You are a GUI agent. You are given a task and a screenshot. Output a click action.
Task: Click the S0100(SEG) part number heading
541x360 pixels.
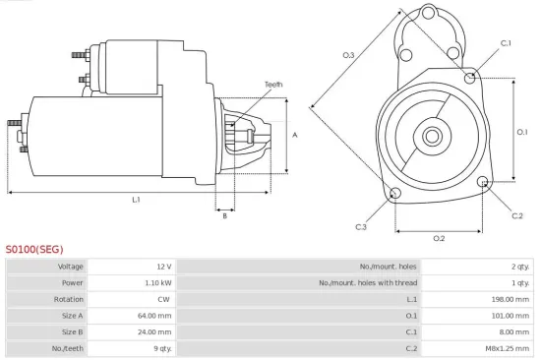pos(34,250)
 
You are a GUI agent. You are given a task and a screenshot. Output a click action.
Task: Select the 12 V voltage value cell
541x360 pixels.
pos(162,267)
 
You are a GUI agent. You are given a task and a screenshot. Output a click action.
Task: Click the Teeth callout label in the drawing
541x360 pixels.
pos(273,86)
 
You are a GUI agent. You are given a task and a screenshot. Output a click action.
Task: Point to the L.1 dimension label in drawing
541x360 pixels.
pos(137,200)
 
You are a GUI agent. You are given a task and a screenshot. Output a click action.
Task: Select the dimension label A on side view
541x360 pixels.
pos(295,135)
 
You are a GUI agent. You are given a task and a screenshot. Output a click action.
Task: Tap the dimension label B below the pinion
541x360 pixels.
pos(224,215)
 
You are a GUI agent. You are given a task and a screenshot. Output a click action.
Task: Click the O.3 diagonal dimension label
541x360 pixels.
pos(348,56)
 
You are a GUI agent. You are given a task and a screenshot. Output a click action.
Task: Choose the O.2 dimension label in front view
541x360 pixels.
pos(439,238)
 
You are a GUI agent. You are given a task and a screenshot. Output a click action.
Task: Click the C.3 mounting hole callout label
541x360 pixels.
pos(361,227)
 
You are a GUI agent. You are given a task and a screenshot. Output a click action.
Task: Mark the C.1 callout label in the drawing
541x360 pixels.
pos(506,43)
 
